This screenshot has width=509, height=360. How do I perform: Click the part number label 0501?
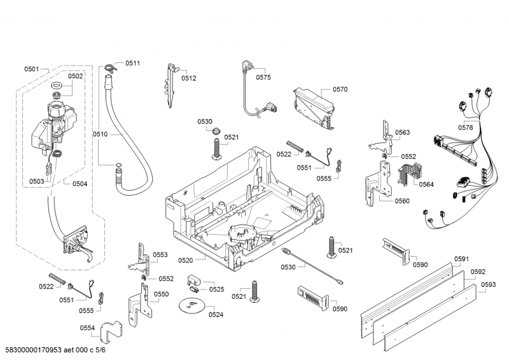32,69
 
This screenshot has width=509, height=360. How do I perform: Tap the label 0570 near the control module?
340,90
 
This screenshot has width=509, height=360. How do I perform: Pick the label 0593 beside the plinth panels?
487,284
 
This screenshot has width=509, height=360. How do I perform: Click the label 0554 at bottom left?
87,328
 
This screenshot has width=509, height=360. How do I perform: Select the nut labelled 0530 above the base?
216,132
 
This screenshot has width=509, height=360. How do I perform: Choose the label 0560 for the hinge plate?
402,201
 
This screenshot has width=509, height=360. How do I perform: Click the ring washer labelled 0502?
55,87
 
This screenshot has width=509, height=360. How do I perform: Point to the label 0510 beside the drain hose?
101,134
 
